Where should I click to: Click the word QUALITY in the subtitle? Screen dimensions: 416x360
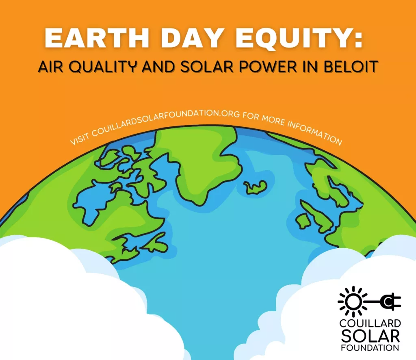pos(103,67)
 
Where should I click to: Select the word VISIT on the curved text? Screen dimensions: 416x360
pos(80,139)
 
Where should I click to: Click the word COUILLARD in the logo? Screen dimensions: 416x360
pos(370,323)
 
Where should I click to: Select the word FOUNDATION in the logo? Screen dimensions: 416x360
pos(370,347)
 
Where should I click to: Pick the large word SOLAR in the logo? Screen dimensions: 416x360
pos(370,336)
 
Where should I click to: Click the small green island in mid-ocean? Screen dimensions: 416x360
pos(255,187)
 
